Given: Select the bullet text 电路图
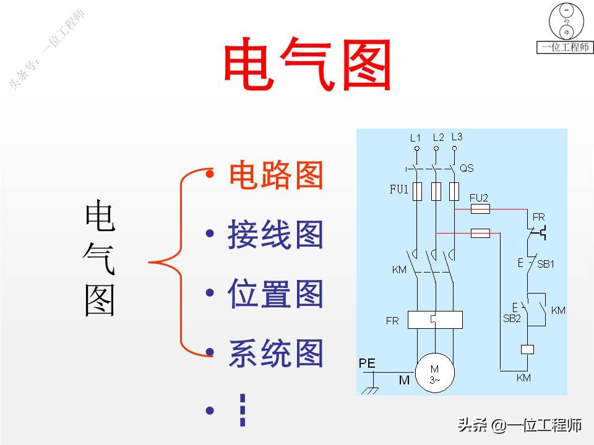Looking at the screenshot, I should [x=276, y=176].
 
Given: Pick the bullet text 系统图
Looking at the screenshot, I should [x=276, y=354].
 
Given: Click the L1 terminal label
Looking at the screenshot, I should [x=415, y=138].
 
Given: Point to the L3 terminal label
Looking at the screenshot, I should [x=457, y=137].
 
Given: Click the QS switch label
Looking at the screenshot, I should [x=467, y=168].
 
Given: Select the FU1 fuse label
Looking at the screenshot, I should [x=399, y=190].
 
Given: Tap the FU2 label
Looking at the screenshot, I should [x=479, y=198].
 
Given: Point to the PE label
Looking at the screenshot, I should [x=367, y=364].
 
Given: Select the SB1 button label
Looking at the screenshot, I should [x=545, y=264].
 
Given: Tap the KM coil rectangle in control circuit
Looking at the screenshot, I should [x=528, y=349].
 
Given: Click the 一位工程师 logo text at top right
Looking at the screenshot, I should [x=564, y=48].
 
